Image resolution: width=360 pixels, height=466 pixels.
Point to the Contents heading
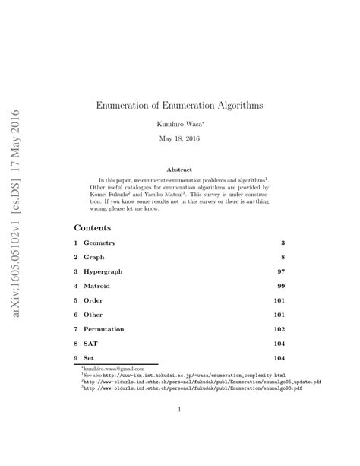[93, 227]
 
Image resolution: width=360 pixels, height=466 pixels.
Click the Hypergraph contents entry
[105, 271]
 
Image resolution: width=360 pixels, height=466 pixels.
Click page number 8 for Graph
[282, 256]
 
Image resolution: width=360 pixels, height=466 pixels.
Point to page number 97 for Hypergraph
[280, 271]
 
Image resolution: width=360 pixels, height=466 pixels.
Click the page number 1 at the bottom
[179, 411]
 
